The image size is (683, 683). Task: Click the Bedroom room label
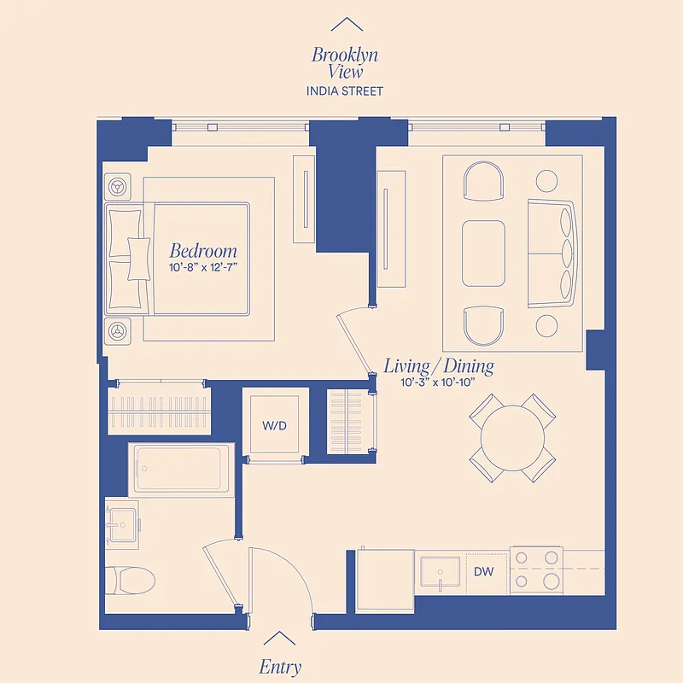pos(202,251)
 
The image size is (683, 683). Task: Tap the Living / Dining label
pos(438,366)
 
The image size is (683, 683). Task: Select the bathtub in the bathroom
pos(182,469)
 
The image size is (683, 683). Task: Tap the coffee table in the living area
pos(484,254)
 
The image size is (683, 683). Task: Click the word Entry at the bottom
pos(280,667)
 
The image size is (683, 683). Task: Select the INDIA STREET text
pos(344,90)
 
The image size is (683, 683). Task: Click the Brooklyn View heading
pos(344,63)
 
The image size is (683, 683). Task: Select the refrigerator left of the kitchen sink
pos(384,579)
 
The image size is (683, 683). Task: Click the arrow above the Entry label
pos(279,638)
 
